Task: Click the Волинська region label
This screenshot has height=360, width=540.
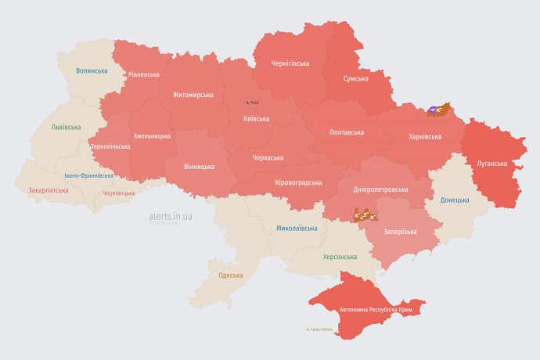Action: [92, 70]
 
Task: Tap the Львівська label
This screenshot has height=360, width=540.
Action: [65, 127]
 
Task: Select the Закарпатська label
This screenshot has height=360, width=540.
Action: [46, 190]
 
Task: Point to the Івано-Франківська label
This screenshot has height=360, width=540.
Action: [88, 175]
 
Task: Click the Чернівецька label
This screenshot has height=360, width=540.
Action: [118, 193]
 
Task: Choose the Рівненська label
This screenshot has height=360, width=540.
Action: [144, 75]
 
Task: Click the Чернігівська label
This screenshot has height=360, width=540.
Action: [290, 63]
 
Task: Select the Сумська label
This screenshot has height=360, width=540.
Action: [356, 78]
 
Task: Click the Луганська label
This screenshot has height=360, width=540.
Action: [492, 164]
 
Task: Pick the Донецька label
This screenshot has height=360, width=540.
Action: [455, 200]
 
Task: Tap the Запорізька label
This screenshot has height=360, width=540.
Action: [401, 232]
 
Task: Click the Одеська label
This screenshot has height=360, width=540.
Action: [230, 275]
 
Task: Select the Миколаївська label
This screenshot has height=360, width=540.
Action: [297, 229]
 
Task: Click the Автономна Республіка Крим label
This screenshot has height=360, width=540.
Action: [376, 310]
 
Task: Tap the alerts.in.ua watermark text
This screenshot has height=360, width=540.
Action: [171, 215]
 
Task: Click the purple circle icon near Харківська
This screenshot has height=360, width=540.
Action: [433, 109]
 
